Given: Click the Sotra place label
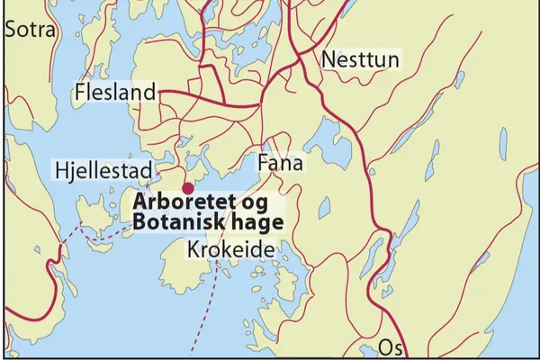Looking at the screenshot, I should (x=31, y=29).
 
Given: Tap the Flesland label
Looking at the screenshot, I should (x=116, y=92).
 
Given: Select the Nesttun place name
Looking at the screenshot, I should (x=359, y=60).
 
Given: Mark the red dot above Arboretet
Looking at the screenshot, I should (x=187, y=188).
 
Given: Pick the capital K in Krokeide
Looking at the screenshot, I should (x=193, y=250).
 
